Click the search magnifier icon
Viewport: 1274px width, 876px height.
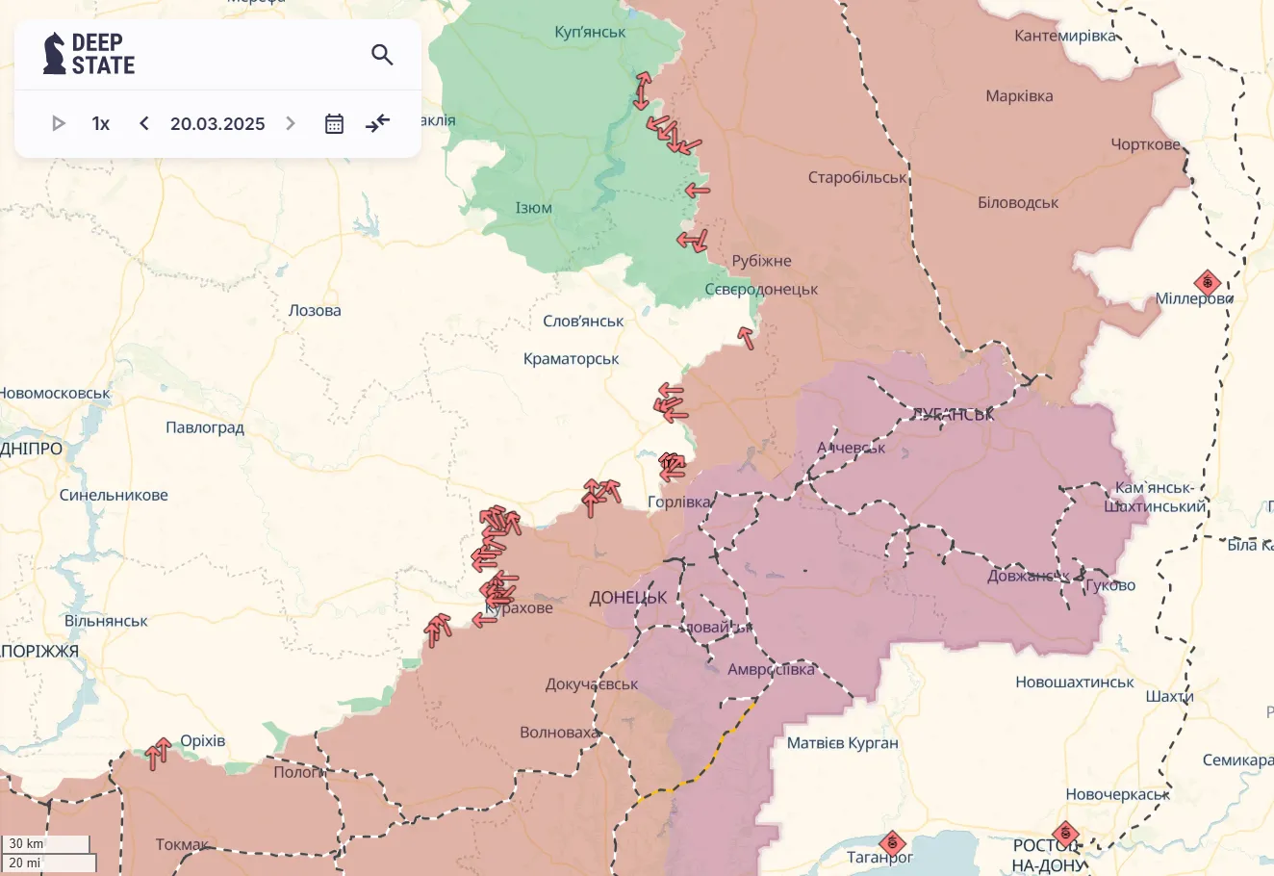pos(382,55)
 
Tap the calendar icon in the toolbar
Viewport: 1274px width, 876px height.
pos(334,123)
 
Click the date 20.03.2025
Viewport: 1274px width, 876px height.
pos(217,123)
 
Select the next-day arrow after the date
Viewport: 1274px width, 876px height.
pos(291,123)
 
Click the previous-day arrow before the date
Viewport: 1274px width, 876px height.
pos(144,123)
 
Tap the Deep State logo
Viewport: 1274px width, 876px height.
pos(89,54)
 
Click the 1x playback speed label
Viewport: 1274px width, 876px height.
pos(101,123)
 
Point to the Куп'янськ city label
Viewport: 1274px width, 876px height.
pos(590,32)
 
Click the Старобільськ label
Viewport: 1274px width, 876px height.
pos(857,177)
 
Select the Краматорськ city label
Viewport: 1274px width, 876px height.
pos(571,359)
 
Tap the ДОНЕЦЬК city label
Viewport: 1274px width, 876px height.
pos(627,598)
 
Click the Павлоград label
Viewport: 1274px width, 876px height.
pos(205,427)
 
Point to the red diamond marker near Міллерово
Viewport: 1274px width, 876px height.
pos(1207,283)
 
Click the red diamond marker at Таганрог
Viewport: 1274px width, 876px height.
pos(892,844)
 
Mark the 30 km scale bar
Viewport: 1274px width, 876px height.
pos(45,844)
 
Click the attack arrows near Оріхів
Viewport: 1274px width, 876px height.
pos(159,753)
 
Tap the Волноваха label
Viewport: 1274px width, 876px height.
pos(559,733)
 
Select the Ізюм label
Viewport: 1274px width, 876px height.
pos(533,208)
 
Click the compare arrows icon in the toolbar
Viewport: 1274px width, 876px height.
pos(378,123)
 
